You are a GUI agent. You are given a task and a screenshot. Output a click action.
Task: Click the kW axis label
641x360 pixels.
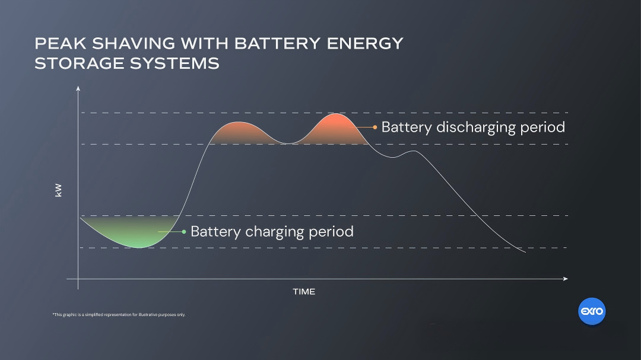pos(58,190)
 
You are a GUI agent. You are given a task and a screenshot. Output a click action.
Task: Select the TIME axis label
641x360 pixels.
pos(304,292)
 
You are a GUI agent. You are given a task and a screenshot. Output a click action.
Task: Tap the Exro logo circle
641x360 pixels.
pos(592,311)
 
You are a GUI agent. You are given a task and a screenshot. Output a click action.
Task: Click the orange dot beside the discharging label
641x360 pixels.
pos(375,127)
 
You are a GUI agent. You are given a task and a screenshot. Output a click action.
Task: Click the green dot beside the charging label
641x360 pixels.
pos(184,232)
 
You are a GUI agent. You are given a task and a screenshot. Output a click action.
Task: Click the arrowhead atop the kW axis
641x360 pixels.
pos(78,88)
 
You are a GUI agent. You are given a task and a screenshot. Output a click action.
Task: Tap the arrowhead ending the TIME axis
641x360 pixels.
pos(566,279)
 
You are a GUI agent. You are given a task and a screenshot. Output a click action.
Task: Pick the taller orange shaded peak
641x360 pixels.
pos(335,130)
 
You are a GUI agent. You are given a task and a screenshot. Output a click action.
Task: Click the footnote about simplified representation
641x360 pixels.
pos(119,315)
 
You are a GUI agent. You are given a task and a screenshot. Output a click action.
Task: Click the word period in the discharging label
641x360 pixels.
pos(542,128)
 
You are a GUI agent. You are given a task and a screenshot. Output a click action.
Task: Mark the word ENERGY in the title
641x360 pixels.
pos(365,44)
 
